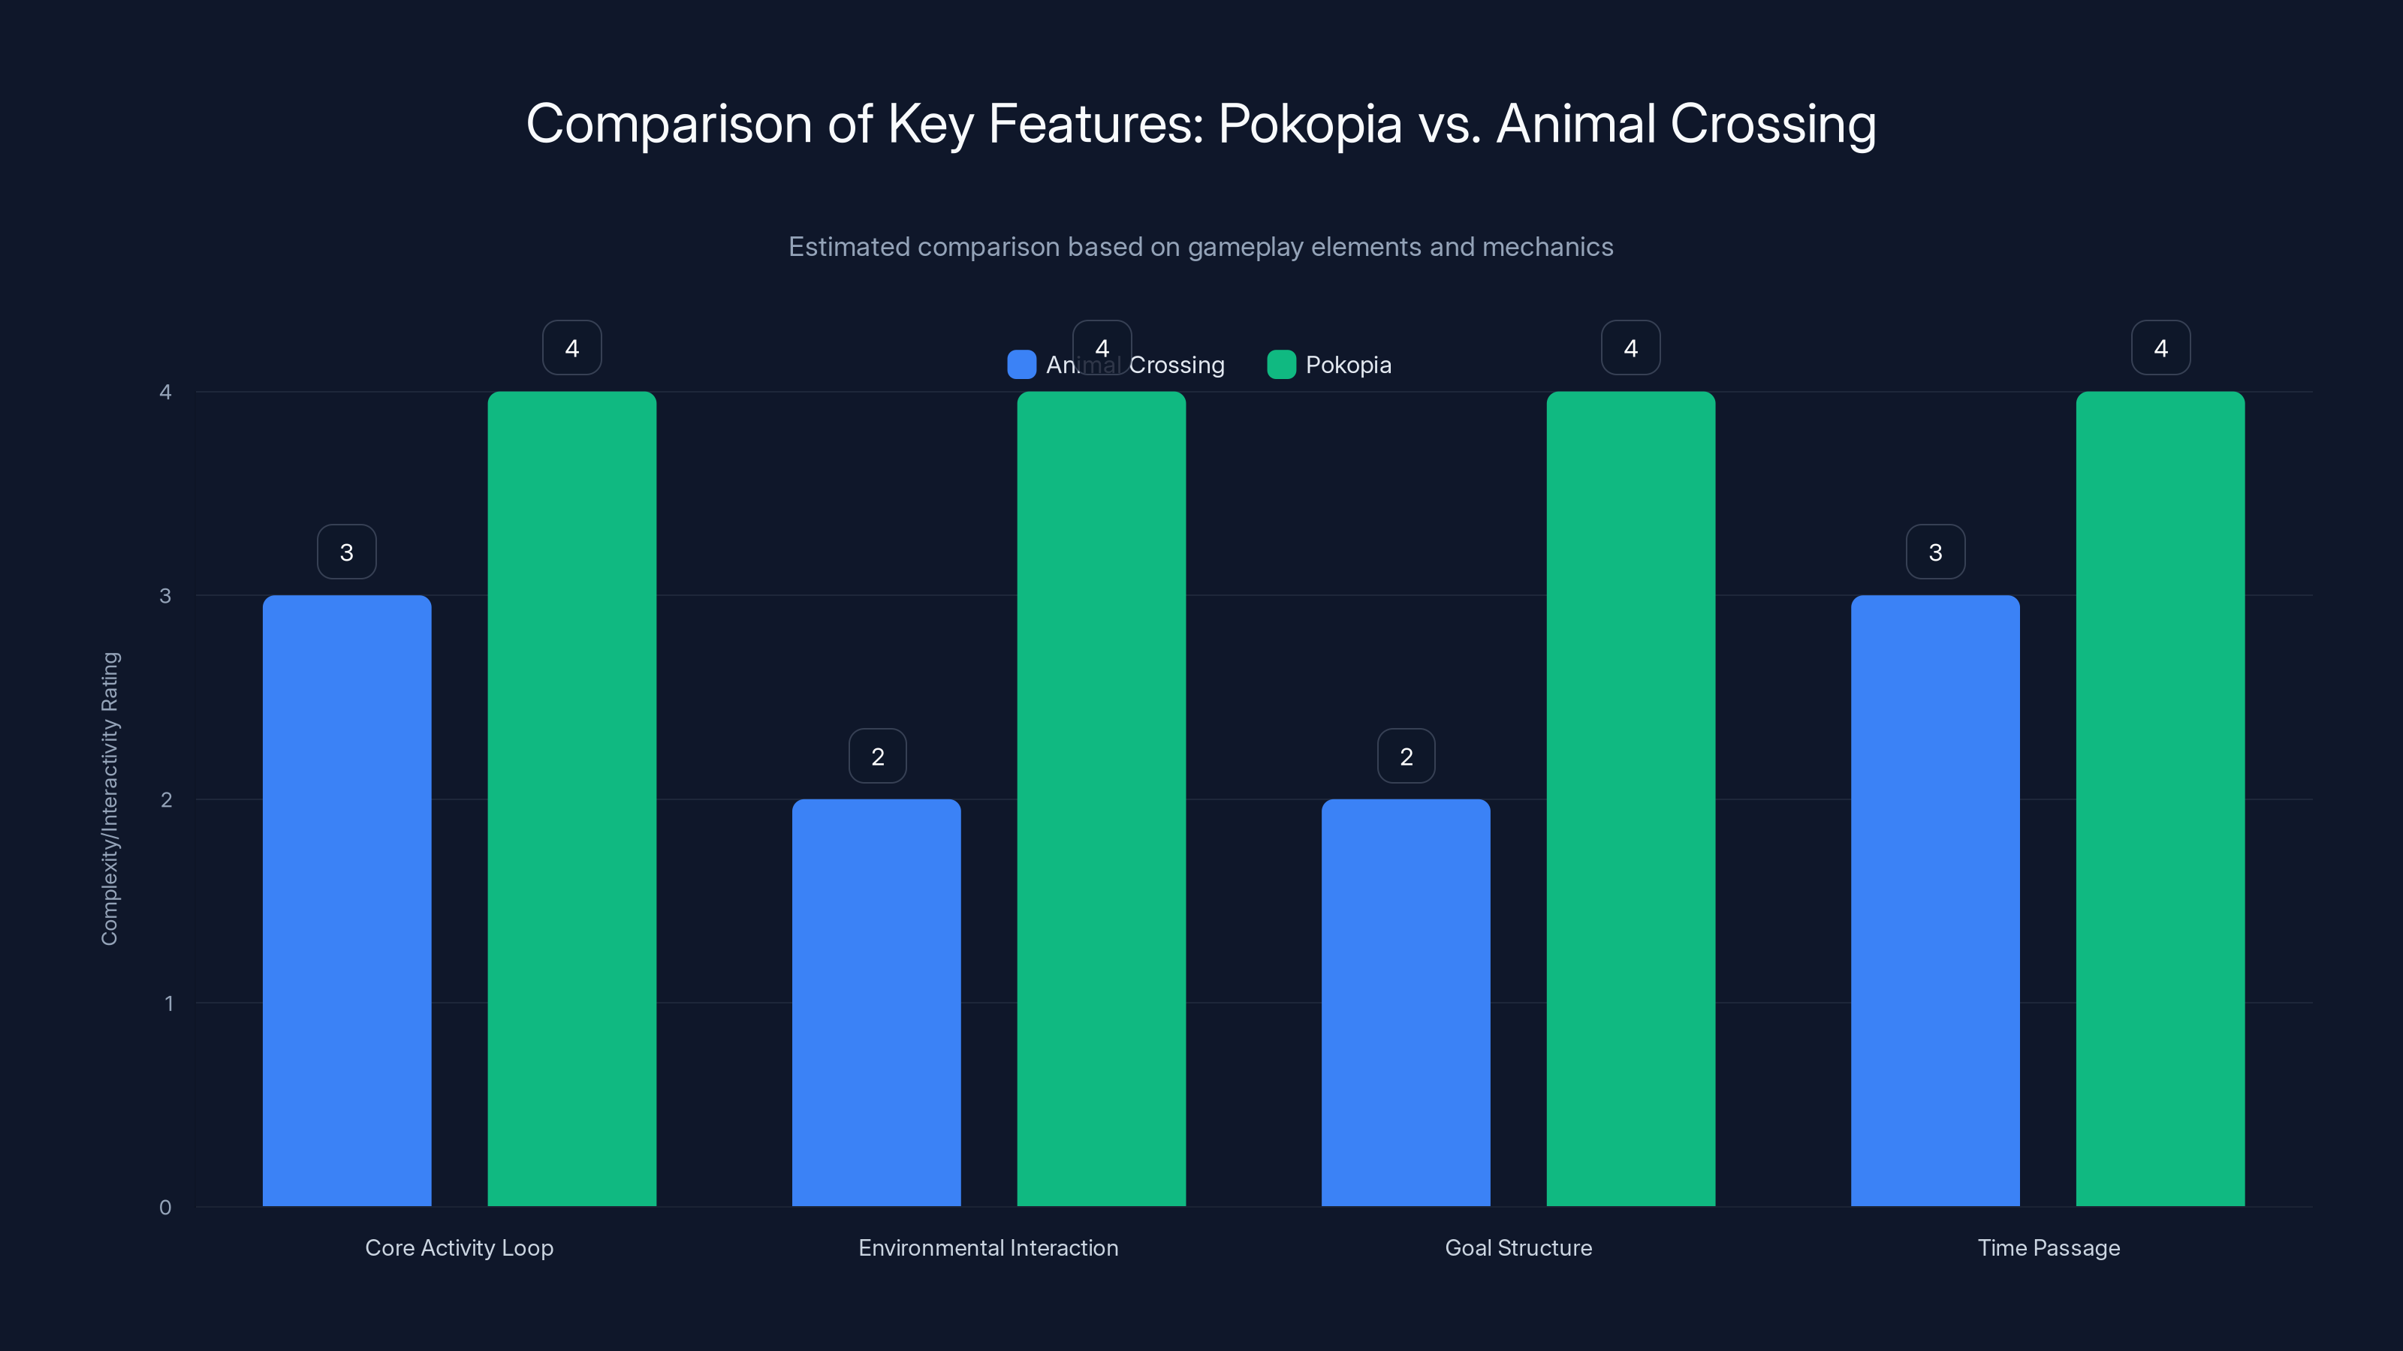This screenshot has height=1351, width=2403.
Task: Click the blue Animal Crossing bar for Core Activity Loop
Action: pos(346,900)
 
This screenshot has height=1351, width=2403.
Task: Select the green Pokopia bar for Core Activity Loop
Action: pos(571,798)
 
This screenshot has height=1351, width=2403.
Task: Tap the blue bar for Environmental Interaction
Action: pos(876,1002)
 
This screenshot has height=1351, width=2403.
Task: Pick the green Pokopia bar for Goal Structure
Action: pos(1630,798)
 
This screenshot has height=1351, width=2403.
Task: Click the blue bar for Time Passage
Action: pos(1934,900)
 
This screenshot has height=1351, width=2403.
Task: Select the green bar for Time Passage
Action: pos(2160,798)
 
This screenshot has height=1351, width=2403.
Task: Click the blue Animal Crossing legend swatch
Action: pos(1021,365)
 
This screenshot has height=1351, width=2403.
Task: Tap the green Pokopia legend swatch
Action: pos(1281,365)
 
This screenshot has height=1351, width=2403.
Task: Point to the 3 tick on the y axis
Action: pos(165,596)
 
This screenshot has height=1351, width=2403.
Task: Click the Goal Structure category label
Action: pos(1518,1247)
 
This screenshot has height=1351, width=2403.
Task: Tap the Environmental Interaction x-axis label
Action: pos(988,1247)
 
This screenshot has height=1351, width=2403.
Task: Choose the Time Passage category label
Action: pos(2049,1247)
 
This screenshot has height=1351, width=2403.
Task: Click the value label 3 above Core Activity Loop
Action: pos(346,552)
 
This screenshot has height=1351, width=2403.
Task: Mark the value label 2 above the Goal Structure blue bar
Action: pos(1406,756)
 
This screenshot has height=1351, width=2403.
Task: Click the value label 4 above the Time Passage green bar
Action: pos(2160,348)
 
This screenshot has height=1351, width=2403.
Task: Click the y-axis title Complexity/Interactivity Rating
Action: pos(110,798)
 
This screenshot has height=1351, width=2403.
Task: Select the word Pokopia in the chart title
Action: pos(1309,124)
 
